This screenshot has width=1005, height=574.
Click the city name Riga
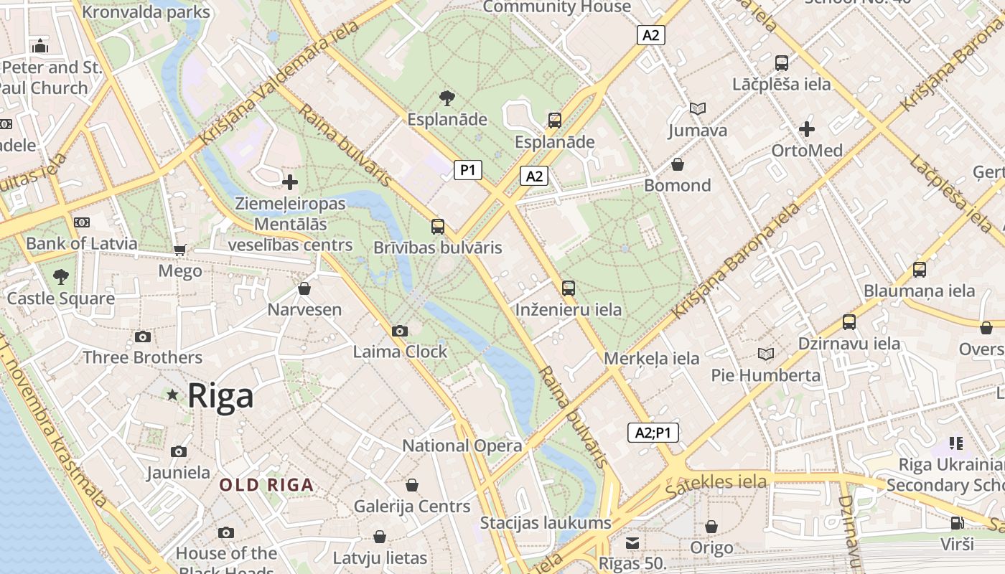tap(220, 396)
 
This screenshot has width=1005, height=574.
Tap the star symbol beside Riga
tap(172, 395)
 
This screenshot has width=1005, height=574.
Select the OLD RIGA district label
tap(266, 485)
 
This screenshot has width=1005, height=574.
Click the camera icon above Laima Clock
tap(400, 331)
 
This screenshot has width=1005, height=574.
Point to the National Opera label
tap(462, 446)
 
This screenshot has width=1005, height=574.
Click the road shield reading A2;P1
tap(653, 433)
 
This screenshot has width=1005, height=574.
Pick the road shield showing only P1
tap(467, 170)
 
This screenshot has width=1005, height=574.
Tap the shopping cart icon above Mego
tap(179, 250)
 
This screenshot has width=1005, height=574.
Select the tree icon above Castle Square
tap(61, 276)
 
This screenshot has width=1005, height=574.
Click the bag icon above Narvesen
tap(304, 288)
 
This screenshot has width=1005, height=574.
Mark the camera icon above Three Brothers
tap(142, 337)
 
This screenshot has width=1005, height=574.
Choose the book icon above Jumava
tap(697, 109)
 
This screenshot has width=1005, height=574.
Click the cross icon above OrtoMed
tap(807, 129)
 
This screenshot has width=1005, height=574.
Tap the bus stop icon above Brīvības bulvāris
tap(438, 227)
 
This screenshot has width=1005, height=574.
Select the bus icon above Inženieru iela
tap(569, 288)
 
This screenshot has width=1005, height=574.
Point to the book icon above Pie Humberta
tap(766, 354)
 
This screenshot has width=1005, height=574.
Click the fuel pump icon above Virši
tap(957, 522)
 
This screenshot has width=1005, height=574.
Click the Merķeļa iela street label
tap(652, 358)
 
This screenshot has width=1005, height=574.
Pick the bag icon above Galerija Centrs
tap(412, 485)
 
